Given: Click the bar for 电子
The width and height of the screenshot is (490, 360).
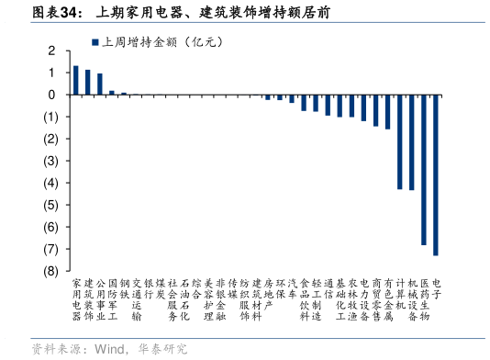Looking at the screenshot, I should (x=435, y=174).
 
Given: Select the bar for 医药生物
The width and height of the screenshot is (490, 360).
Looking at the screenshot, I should (x=423, y=169).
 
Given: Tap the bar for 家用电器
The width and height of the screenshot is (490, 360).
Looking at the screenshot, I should (x=76, y=80).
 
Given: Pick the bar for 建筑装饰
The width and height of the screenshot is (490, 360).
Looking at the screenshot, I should (x=88, y=82).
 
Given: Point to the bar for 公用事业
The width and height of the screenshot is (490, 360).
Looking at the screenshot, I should (x=100, y=84).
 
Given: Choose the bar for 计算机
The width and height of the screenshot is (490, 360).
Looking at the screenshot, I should (x=399, y=141).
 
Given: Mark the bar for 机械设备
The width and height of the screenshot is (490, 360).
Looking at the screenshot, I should (x=411, y=141).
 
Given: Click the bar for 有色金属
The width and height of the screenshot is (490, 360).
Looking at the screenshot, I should (x=387, y=112).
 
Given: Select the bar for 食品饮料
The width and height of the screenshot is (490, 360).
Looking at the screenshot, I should (x=304, y=103).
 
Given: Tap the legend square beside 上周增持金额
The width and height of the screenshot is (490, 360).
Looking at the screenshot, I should (x=94, y=42).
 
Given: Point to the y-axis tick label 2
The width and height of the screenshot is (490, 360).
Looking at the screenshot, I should (x=52, y=51).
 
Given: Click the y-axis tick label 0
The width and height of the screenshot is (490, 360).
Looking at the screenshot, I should (x=52, y=95).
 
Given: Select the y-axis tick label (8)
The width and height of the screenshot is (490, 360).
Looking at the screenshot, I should (x=50, y=271).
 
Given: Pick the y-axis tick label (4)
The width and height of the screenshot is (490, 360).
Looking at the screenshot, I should (x=50, y=183).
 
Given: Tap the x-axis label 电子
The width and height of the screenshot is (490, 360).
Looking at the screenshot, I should (x=435, y=289).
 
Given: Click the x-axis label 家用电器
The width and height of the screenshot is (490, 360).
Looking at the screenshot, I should (x=76, y=299).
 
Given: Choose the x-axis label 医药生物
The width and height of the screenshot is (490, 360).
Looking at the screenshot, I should (x=423, y=299).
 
